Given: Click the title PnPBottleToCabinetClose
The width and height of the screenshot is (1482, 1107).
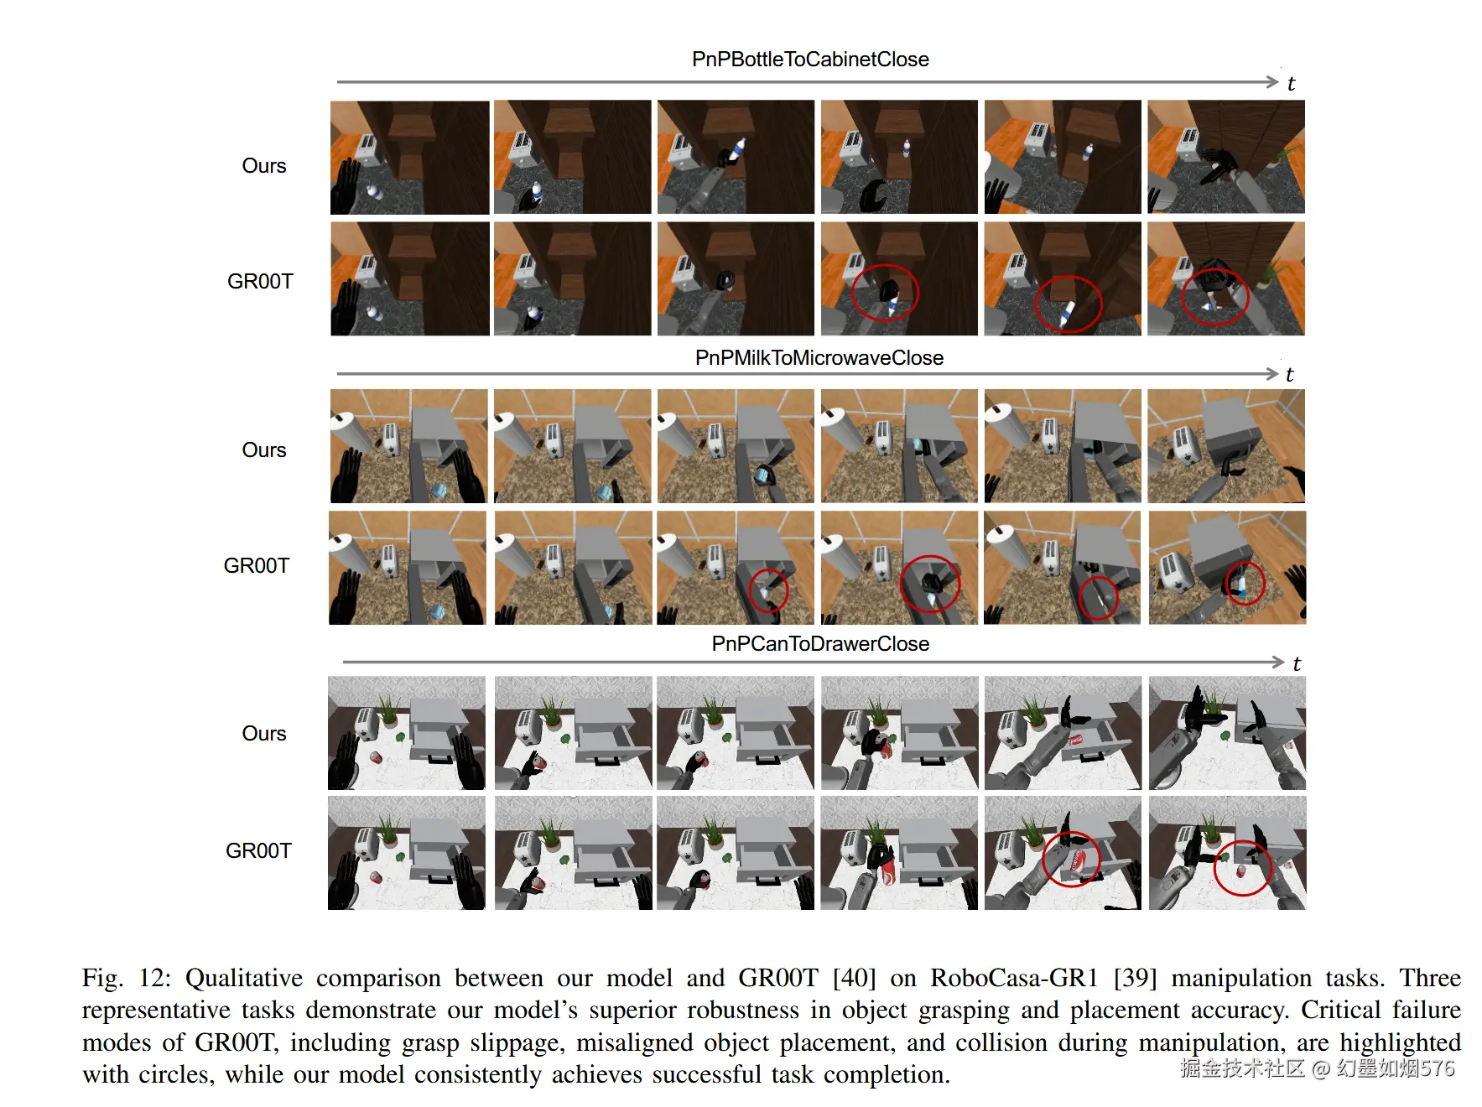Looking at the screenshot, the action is tap(810, 60).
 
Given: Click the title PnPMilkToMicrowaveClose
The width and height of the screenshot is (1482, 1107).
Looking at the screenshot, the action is tap(819, 358).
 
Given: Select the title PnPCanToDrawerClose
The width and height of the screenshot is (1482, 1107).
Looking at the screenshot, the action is tap(820, 643).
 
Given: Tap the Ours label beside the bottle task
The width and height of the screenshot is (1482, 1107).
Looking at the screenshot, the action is tap(264, 166).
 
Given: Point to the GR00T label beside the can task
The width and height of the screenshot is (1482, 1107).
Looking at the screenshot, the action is tap(258, 851).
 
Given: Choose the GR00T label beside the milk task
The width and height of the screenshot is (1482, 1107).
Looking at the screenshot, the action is tap(257, 566).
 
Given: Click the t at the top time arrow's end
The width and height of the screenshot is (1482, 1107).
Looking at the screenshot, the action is tap(1291, 83).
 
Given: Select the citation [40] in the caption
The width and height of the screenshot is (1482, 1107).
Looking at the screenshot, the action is tap(854, 978).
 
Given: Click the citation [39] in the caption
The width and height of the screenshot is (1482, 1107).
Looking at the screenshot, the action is tap(1136, 978).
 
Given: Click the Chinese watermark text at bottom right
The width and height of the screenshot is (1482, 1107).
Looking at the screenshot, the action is tap(1317, 1068).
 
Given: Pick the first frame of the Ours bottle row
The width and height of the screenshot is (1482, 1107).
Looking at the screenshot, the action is tap(409, 158).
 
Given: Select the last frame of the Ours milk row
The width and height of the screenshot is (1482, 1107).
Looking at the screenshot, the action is tap(1226, 445).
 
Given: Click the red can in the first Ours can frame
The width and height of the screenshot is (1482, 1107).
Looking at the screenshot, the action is tap(376, 758).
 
